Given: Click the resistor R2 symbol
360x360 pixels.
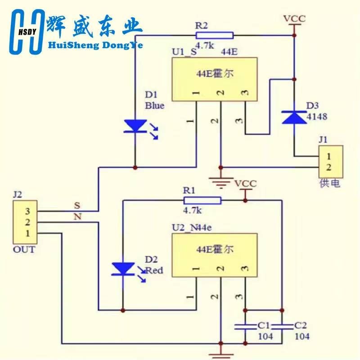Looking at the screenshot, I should tap(215, 36).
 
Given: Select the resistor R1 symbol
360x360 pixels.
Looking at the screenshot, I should tap(202, 200).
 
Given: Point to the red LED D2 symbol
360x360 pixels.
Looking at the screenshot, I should tap(122, 269).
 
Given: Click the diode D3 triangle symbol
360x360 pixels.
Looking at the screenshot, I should tap(293, 117).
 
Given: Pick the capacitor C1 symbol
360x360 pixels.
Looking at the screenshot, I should tap(245, 326).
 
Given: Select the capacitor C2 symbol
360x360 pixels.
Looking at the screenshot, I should tap(282, 326).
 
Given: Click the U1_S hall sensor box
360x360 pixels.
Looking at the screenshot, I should tap(214, 79).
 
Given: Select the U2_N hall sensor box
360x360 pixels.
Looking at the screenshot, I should tap(214, 256).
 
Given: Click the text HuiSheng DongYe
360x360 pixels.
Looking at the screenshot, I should tap(94, 45).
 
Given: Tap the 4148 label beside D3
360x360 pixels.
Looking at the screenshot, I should tap(317, 117).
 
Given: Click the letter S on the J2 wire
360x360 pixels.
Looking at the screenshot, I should tap(77, 205).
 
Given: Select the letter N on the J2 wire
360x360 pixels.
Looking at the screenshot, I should tap(77, 217).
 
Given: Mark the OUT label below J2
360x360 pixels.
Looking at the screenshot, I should tap(24, 249).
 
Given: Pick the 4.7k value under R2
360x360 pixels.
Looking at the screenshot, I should tap(205, 45).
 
